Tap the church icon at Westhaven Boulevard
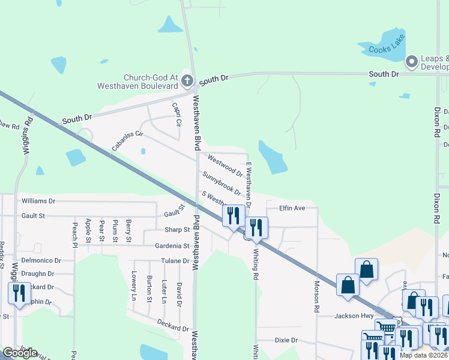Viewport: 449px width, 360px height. (187, 80)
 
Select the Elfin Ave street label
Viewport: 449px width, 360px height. (292, 208)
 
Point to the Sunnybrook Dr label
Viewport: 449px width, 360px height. (221, 184)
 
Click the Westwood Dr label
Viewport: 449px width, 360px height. (225, 166)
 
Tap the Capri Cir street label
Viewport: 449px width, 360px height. (176, 114)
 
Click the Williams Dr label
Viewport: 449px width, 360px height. (38, 201)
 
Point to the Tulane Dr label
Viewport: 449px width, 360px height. (175, 260)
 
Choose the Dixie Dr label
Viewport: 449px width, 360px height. (286, 340)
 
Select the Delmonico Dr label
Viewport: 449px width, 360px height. (41, 260)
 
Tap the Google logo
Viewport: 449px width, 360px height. (20, 353)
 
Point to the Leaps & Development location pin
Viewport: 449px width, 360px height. (412, 61)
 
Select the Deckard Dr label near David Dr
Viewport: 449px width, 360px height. (173, 328)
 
